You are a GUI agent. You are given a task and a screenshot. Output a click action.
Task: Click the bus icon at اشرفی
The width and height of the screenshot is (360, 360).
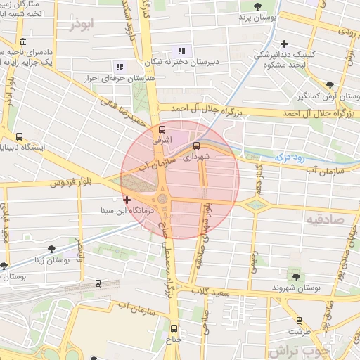pos(163,130)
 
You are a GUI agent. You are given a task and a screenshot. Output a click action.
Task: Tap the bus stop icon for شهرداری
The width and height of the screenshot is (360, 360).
pos(196,146)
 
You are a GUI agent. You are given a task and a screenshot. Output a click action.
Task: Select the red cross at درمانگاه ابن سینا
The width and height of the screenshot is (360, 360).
pos(127,200)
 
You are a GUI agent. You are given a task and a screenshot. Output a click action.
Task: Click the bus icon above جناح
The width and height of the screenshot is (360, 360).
pos(174,328)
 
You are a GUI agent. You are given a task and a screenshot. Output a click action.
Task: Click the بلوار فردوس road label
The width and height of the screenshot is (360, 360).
pos(72,183)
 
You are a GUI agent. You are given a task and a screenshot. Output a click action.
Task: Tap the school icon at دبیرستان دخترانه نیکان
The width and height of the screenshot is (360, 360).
pos(181,50)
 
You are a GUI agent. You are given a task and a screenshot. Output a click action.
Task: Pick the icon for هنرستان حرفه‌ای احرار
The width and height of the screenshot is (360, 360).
pos(120,67)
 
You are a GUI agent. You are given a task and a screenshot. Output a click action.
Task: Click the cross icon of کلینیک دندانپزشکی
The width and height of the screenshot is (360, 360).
pos(285,44)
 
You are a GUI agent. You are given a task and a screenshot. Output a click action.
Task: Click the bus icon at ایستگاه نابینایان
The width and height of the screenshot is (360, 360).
pos(19,137)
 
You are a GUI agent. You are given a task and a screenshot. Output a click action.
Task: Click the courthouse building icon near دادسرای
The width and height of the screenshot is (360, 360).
pos(23,41)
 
